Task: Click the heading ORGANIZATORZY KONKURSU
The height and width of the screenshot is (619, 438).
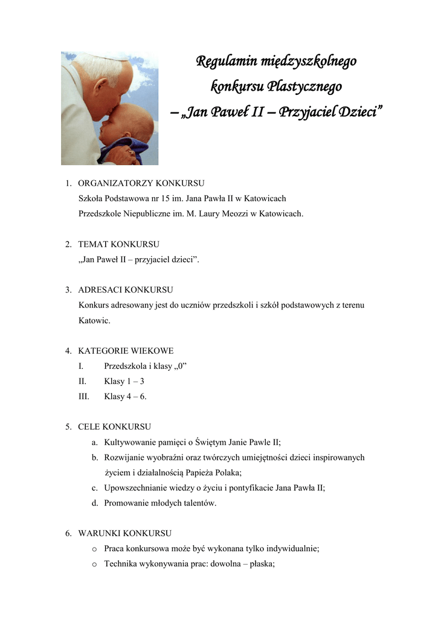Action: pyautogui.click(x=141, y=183)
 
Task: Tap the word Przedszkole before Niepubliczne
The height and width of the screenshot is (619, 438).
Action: pyautogui.click(x=101, y=213)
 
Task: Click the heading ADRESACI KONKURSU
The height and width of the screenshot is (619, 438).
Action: pyautogui.click(x=126, y=290)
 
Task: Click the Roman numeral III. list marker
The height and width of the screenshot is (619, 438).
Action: pyautogui.click(x=84, y=397)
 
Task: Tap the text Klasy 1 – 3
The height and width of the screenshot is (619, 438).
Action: pyautogui.click(x=124, y=381)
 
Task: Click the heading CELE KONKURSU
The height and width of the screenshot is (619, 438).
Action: pyautogui.click(x=114, y=427)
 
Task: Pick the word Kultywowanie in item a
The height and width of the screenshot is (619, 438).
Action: pyautogui.click(x=129, y=442)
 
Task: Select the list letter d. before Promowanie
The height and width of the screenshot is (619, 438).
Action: pyautogui.click(x=95, y=503)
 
